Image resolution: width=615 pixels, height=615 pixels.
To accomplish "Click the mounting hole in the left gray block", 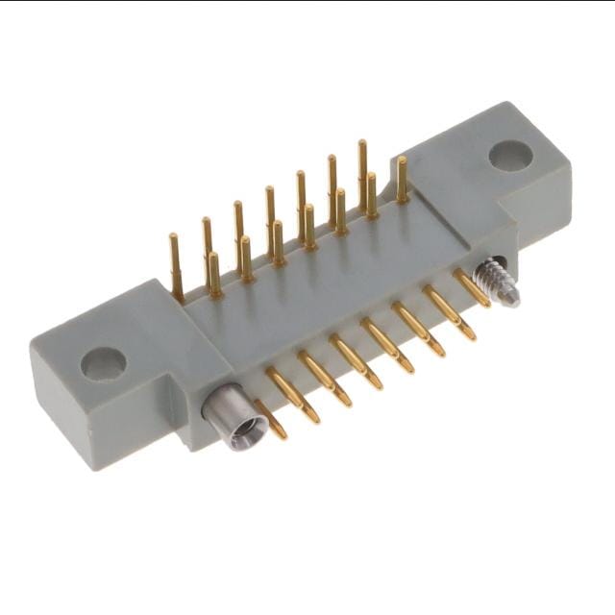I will coord(103,362).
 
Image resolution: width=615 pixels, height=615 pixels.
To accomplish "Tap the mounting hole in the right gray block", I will coord(510,155).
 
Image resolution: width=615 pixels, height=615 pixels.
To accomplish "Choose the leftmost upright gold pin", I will coord(176,266).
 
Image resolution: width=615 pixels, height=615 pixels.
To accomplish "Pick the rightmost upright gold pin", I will coord(402,181).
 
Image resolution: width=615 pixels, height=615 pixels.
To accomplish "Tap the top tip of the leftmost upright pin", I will coord(174,236).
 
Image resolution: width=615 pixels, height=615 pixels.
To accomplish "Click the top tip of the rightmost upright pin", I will coord(402,160).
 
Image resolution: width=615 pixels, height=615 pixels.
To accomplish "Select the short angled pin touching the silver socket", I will coord(270,419).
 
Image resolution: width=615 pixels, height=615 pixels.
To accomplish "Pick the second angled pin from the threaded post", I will coord(449,313).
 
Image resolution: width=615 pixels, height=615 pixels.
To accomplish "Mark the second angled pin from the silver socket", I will coord(292,395).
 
